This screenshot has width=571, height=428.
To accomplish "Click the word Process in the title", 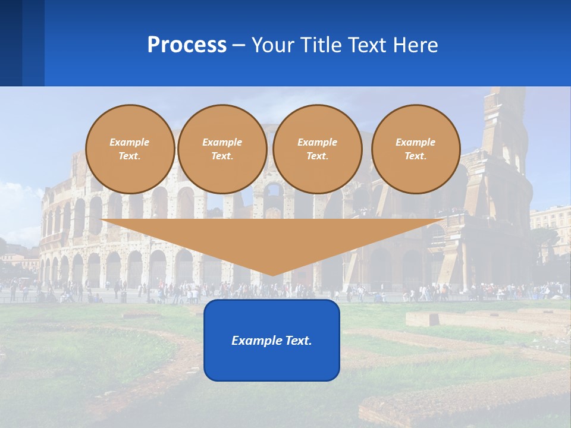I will click(187, 45).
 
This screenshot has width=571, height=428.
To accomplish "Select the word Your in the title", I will click(274, 45).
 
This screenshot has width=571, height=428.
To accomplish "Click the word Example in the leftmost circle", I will click(130, 142).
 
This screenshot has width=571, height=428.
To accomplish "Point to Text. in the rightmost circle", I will click(416, 156).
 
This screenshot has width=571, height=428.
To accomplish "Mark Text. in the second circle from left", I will click(222, 156).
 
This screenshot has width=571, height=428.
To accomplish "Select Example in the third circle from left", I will click(318, 142).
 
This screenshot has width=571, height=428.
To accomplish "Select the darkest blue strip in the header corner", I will click(11, 43).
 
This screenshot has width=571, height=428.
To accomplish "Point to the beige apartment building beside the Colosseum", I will click(551, 223).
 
